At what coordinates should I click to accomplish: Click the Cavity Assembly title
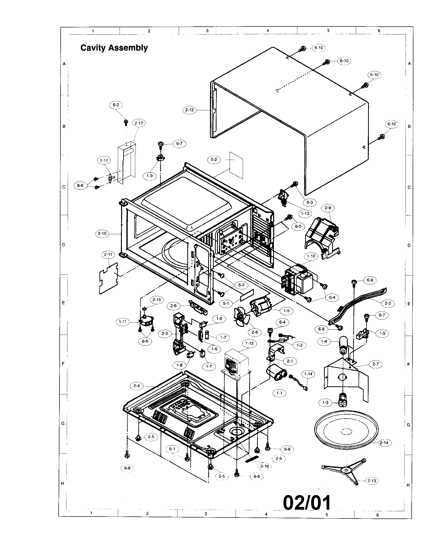(114, 48)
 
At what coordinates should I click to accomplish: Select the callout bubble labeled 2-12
(189, 110)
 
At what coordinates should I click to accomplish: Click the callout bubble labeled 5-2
(214, 159)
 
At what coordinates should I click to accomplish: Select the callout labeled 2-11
(108, 254)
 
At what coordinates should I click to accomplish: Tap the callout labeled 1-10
(311, 256)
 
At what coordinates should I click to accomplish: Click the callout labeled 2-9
(328, 208)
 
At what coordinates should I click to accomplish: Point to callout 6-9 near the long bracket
(370, 280)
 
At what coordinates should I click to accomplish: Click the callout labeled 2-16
(264, 466)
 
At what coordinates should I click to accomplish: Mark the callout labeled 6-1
(172, 449)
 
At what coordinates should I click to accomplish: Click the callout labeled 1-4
(324, 341)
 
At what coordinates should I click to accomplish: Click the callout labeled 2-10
(102, 233)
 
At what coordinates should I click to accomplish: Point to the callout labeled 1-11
(123, 322)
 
